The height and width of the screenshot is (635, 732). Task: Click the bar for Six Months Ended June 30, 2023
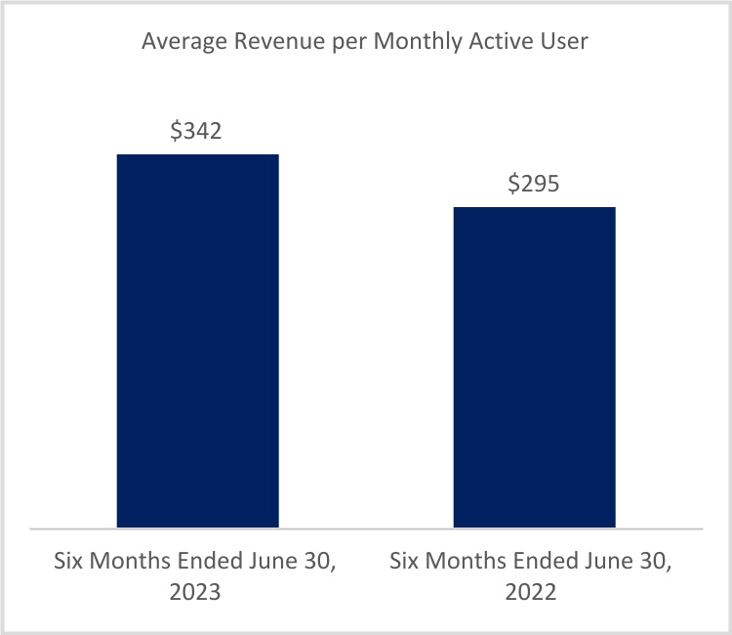coord(198,341)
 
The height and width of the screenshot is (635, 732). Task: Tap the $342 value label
coord(196,131)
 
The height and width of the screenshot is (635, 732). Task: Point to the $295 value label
coord(534,184)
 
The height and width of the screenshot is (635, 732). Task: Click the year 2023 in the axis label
coord(197,593)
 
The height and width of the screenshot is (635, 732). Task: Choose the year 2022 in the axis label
coord(534,593)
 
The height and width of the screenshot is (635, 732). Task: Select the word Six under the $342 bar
coord(69,563)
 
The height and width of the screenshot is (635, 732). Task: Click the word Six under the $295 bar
coord(406,563)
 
